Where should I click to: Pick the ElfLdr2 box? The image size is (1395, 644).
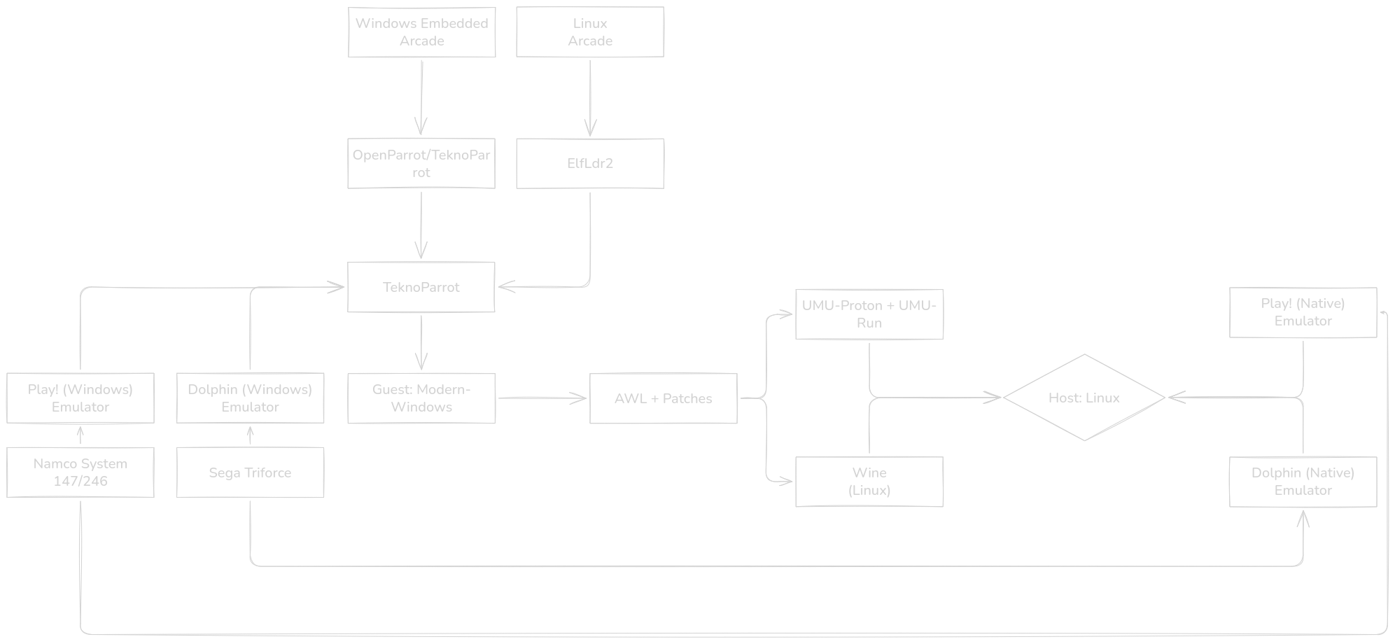589,163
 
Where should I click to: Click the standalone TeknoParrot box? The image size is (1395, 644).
421,287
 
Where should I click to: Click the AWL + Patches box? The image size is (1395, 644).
663,398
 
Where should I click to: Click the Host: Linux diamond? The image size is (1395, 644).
1084,398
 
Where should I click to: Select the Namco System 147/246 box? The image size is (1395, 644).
80,472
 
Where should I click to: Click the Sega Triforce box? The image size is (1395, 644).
250,472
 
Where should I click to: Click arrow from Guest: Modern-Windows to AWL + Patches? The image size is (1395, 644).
542,398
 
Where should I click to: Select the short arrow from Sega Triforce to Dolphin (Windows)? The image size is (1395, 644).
250,435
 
